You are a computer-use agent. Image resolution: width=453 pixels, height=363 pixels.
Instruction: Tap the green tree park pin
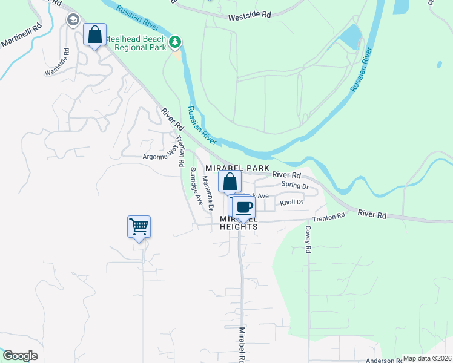[x=175, y=42]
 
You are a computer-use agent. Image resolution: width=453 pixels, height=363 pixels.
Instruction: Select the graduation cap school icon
[x=73, y=20]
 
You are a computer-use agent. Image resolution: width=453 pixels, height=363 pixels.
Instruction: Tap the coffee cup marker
[x=243, y=208]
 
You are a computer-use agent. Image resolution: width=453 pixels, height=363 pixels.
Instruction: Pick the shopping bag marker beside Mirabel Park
[x=230, y=181]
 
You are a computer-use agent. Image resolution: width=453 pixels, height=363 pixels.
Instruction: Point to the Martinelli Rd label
[x=21, y=36]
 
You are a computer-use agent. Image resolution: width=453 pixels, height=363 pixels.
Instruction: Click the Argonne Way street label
[x=159, y=157]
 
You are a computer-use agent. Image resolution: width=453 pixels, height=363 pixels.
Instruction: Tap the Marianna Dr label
[x=208, y=193]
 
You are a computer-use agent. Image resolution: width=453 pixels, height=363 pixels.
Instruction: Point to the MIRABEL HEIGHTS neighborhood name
[x=239, y=222]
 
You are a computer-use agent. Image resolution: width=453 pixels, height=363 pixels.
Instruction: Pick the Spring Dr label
[x=295, y=186]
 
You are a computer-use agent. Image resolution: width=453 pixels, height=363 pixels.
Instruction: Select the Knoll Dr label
[x=291, y=203]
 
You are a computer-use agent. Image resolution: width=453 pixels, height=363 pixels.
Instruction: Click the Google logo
[x=20, y=356]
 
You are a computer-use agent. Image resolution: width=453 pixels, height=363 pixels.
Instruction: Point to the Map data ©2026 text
[x=427, y=358]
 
